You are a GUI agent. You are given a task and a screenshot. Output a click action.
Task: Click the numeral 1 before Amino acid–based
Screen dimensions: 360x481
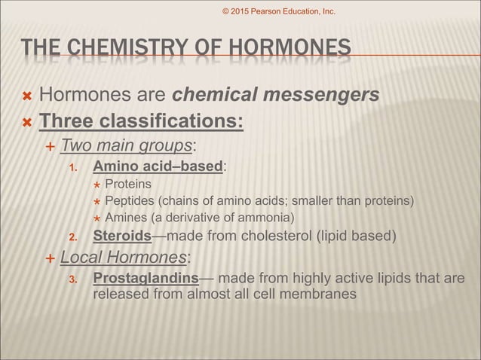coord(73,166)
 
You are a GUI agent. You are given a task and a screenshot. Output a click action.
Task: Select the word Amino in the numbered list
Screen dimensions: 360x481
coord(115,166)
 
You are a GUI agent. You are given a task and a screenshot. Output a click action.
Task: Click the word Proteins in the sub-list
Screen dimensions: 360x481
coord(128,184)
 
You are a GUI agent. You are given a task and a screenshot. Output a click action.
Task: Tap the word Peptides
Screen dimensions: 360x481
coord(128,201)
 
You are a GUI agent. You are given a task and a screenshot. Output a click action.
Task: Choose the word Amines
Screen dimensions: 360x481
coord(124,218)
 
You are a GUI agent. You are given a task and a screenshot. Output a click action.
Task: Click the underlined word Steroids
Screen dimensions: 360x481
coord(121,237)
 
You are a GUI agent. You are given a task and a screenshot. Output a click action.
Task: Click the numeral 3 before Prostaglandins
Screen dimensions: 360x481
coord(73,280)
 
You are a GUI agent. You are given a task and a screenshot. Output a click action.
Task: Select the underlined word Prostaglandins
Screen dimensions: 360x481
coord(146,279)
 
